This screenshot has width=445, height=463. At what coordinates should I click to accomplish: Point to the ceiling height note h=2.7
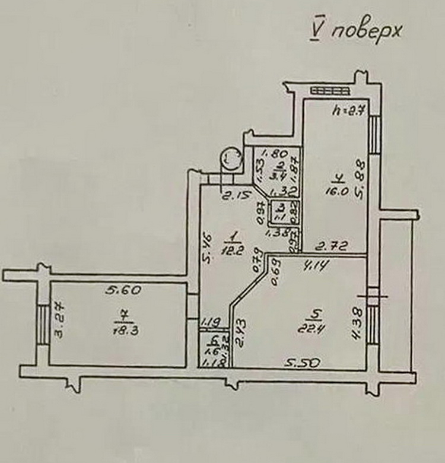point(348,110)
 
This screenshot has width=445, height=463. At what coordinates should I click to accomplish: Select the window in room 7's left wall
point(43,324)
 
